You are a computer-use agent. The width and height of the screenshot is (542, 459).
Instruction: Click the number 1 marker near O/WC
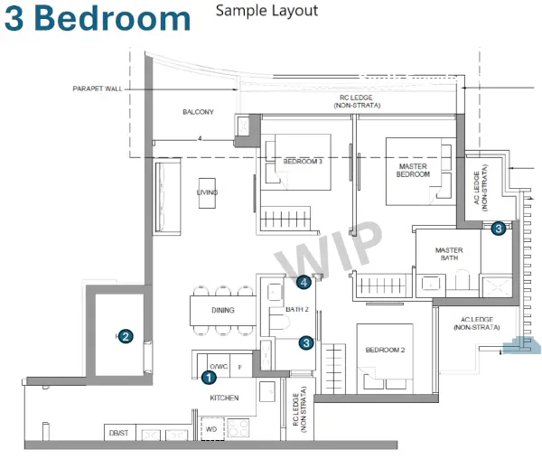click(x=209, y=378)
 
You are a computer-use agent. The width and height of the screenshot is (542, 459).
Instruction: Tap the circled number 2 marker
click(x=126, y=336)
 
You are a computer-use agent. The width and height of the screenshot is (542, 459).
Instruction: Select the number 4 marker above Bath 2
click(x=304, y=283)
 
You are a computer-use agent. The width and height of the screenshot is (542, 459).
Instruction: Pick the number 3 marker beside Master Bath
click(x=499, y=228)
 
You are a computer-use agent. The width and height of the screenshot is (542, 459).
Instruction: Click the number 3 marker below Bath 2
click(x=306, y=342)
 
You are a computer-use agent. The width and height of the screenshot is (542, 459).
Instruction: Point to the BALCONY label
click(x=198, y=112)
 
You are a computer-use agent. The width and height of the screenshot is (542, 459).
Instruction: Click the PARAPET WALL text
click(x=98, y=89)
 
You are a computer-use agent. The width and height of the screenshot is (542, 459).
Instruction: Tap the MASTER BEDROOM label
click(x=413, y=171)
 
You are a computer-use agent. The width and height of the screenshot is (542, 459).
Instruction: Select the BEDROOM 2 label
click(x=385, y=350)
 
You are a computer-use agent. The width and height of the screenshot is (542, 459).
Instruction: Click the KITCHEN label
click(x=224, y=398)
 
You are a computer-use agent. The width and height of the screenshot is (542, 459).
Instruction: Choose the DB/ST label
click(x=118, y=433)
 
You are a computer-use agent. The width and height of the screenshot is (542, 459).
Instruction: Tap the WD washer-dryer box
click(x=213, y=429)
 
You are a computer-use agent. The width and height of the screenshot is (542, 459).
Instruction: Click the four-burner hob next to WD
click(x=238, y=428)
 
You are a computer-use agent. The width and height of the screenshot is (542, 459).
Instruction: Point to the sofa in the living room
click(x=168, y=197)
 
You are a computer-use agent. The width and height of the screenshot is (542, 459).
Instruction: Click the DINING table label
click(x=223, y=310)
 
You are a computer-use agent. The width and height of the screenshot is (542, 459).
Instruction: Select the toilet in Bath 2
click(x=279, y=321)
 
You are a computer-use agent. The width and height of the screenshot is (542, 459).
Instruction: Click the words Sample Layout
click(x=266, y=11)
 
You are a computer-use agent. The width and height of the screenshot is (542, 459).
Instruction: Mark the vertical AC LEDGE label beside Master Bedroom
click(x=481, y=187)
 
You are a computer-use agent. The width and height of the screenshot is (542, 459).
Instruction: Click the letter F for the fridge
click(x=240, y=367)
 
